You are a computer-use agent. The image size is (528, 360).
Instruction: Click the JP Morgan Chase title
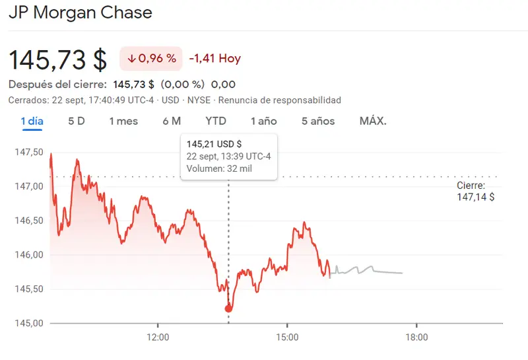[80, 12]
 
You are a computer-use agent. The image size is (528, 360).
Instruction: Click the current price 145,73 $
[57, 59]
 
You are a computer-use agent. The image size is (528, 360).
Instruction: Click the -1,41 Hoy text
[214, 59]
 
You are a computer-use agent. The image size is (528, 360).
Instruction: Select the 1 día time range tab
[32, 121]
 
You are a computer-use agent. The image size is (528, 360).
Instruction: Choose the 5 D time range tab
[77, 121]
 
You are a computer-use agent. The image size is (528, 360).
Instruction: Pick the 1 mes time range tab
[123, 121]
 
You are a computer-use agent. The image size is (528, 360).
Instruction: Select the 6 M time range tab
[172, 121]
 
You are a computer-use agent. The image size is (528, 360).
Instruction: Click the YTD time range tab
[216, 121]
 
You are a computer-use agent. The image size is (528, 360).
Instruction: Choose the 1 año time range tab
[263, 121]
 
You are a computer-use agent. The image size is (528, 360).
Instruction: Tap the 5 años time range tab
[318, 121]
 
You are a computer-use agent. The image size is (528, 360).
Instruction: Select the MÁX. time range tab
[373, 121]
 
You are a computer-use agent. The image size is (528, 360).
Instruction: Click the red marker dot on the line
[229, 308]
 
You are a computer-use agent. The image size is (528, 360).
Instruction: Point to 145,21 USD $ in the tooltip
[214, 143]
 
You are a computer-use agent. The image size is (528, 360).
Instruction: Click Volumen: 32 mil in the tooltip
[219, 168]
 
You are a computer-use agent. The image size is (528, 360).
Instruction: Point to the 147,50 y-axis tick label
[28, 152]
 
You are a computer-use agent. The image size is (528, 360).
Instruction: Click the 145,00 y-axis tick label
[28, 323]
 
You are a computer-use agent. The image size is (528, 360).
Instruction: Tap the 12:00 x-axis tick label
[158, 337]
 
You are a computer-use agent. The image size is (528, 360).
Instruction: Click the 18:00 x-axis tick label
[416, 337]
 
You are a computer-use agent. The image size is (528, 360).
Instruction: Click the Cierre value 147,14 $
[475, 197]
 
